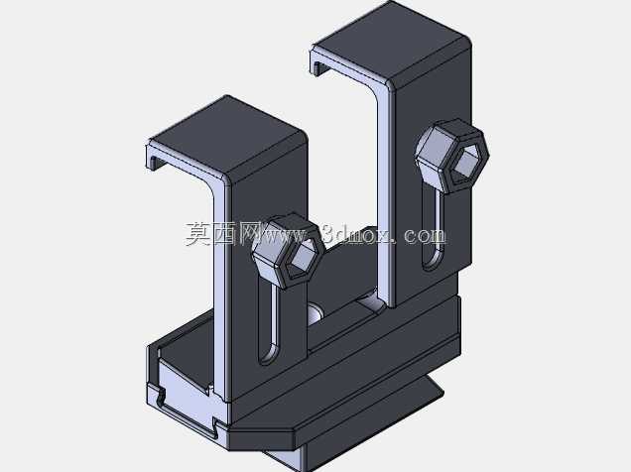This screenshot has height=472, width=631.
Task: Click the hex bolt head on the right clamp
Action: tap(452, 156)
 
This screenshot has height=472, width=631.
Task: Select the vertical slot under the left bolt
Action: tap(269, 325)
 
